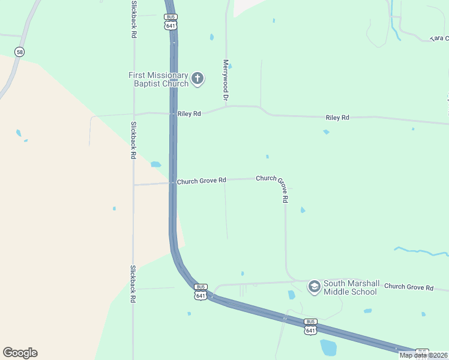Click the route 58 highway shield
tap(20, 52)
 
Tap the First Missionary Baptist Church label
tap(158, 79)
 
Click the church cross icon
tap(197, 78)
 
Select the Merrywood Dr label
tap(226, 79)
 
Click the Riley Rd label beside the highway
tap(188, 113)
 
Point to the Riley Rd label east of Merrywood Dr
tap(337, 118)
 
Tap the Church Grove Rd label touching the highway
tap(201, 180)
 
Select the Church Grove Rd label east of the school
tap(409, 288)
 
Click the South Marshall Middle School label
tap(350, 288)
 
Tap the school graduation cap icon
tap(314, 287)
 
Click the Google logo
tap(20, 353)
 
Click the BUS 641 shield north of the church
tap(171, 22)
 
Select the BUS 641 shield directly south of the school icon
tap(310, 327)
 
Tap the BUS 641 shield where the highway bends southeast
tap(201, 292)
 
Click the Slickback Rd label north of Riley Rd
tap(133, 19)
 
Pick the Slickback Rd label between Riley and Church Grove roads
tap(133, 140)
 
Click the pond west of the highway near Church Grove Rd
tap(156, 164)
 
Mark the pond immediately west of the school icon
tap(292, 295)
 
